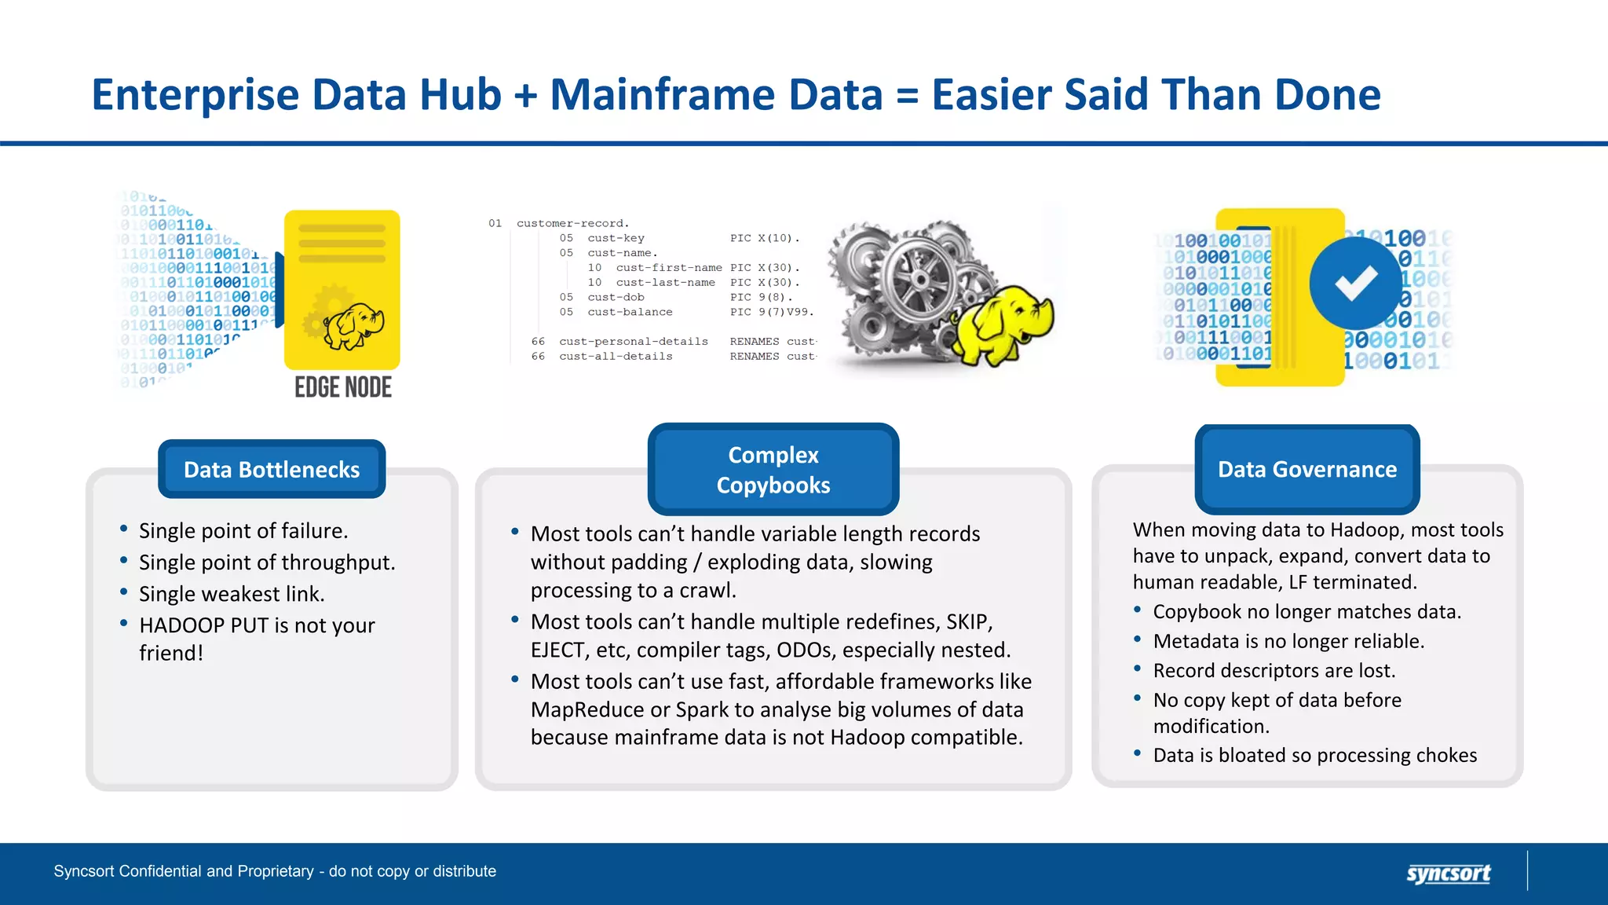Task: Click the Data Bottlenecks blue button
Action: pos(272,469)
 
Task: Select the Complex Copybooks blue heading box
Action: pos(773,470)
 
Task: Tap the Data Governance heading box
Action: pos(1306,469)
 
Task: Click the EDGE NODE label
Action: pos(343,387)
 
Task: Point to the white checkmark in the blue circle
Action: pos(1356,284)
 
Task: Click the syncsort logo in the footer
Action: pos(1448,873)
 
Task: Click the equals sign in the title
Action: pos(907,96)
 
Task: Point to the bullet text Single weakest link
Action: pos(232,594)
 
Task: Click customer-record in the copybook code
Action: pos(572,223)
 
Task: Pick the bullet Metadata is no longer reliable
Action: pos(1288,641)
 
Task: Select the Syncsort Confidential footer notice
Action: pos(275,871)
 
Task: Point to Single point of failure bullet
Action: pos(243,531)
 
